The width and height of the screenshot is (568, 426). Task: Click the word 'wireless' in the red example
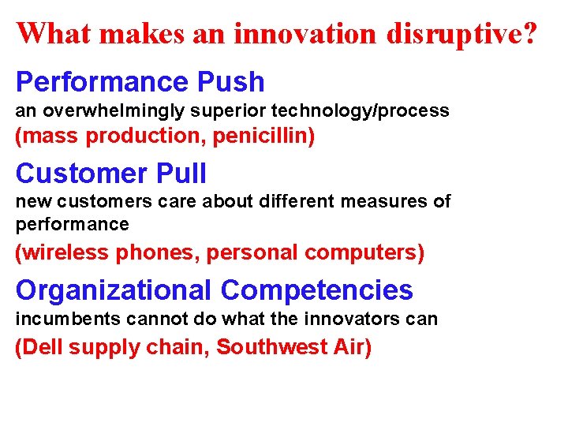tap(65, 252)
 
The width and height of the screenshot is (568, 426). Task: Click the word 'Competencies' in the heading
tap(316, 290)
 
